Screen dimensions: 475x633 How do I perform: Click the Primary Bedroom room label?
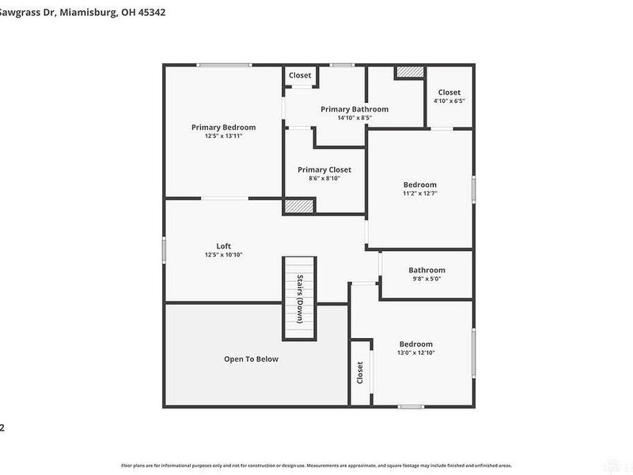click(x=223, y=127)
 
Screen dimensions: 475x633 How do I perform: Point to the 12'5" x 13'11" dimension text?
click(x=223, y=136)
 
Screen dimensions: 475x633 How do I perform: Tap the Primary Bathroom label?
click(x=354, y=109)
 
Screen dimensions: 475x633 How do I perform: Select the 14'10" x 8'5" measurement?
click(x=354, y=118)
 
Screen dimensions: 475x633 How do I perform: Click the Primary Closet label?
click(x=324, y=169)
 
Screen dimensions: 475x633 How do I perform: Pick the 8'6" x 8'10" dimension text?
click(x=324, y=179)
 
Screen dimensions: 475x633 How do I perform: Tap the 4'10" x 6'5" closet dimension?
click(x=449, y=101)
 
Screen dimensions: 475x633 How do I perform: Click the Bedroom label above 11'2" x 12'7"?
click(x=419, y=184)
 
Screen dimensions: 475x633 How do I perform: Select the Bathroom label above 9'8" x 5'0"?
click(x=426, y=270)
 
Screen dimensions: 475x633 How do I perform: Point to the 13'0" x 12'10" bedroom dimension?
click(x=415, y=353)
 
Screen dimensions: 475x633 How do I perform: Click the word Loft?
click(x=223, y=245)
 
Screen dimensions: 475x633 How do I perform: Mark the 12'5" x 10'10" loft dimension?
click(x=223, y=255)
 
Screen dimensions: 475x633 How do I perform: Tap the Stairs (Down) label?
click(x=300, y=298)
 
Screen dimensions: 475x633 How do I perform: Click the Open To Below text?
click(x=251, y=359)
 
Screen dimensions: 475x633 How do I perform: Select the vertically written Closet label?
click(x=360, y=372)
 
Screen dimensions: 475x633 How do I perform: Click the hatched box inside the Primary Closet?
click(x=300, y=206)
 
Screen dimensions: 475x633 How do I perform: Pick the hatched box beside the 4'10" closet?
click(x=410, y=72)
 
